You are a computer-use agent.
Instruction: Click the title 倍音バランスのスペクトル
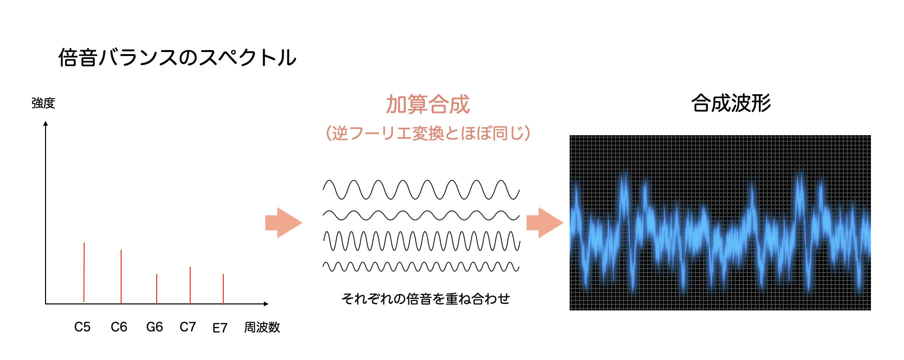(x=177, y=58)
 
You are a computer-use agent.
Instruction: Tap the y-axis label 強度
(x=44, y=103)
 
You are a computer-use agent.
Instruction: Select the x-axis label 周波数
(x=262, y=327)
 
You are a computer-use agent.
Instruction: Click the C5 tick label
(x=83, y=327)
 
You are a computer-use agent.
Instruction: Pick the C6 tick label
(x=119, y=327)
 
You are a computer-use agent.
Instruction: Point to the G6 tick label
(x=155, y=327)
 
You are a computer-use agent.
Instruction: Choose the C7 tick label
(x=188, y=327)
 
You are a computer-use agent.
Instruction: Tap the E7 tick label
(x=220, y=328)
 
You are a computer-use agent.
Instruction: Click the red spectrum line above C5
(x=84, y=272)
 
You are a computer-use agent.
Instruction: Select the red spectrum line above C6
(x=121, y=277)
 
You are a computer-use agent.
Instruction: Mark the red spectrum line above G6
(x=157, y=289)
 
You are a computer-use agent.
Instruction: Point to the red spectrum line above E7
(x=223, y=289)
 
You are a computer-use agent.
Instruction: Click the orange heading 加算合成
(x=428, y=104)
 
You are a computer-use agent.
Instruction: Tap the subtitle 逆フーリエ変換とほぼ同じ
(x=428, y=133)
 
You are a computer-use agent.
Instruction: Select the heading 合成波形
(x=731, y=103)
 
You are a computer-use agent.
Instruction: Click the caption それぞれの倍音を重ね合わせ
(x=425, y=299)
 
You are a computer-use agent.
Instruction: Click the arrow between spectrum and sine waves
(x=284, y=223)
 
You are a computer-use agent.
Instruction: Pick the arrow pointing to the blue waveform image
(x=545, y=223)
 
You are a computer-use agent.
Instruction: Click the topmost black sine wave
(x=421, y=190)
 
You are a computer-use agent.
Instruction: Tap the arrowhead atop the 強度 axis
(x=46, y=123)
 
